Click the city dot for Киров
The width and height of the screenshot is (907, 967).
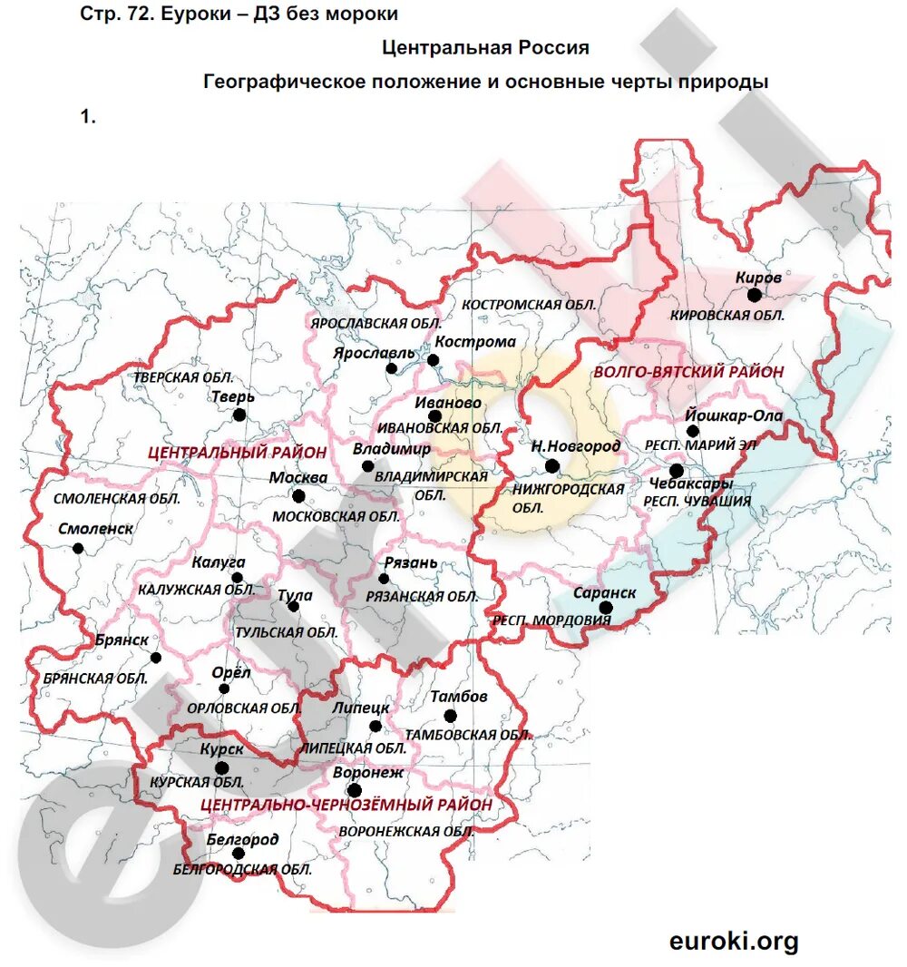coord(754,295)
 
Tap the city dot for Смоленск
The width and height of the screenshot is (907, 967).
coord(78,547)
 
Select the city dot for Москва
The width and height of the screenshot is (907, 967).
coord(297,495)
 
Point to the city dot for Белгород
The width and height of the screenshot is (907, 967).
coord(239,854)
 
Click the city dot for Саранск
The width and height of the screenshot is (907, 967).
coord(606,608)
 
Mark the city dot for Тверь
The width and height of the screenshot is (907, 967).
coord(239,415)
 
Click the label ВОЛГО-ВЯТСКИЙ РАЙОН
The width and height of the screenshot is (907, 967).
coord(688,372)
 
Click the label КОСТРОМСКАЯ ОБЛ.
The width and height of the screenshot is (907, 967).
coord(529,305)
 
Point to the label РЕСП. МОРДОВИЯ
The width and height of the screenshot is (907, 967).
coord(551,621)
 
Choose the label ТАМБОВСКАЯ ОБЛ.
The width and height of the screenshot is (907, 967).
coord(468,736)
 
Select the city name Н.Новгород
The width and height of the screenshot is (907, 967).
coord(575,445)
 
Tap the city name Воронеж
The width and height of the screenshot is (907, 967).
coord(367,773)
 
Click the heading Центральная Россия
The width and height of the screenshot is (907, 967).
coord(485,47)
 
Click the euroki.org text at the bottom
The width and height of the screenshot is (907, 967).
coord(734,941)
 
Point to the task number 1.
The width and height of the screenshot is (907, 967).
coord(87,116)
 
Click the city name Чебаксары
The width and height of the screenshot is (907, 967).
coord(690,483)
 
